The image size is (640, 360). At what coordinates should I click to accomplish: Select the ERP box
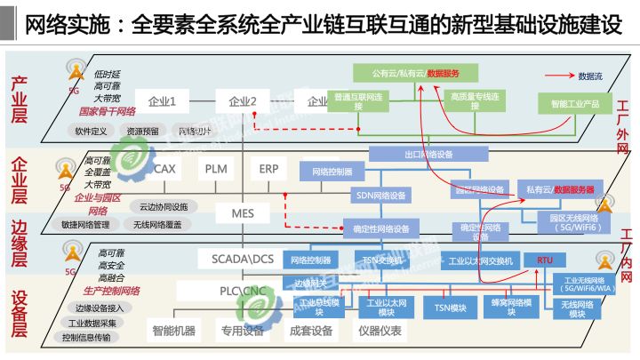pos(269,168)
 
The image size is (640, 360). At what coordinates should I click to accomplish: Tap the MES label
pos(243,213)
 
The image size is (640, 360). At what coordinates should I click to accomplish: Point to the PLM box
pos(217,168)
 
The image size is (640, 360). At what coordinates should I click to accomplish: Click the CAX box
pos(165,168)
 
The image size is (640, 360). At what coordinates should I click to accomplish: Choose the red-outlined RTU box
pos(544,260)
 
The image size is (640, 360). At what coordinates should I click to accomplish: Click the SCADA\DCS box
pos(243,259)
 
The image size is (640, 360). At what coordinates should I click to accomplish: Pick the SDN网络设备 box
pos(381,195)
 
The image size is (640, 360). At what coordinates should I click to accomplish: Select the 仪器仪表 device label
pos(380,332)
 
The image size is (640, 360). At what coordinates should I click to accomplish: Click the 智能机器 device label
pos(173,332)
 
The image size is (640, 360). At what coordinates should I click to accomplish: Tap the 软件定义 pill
pos(91,131)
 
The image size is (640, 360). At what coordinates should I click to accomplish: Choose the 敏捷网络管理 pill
pos(84,225)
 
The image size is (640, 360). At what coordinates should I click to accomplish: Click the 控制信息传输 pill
pos(87,337)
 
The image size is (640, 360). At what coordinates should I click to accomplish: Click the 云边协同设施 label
pos(163,206)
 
